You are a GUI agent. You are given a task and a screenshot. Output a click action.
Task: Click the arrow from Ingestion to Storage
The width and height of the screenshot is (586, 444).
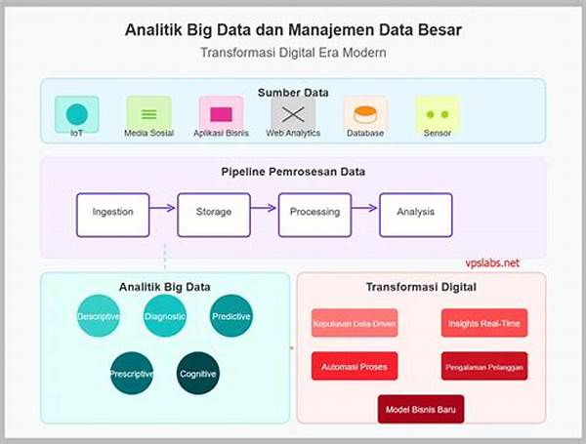tap(163, 207)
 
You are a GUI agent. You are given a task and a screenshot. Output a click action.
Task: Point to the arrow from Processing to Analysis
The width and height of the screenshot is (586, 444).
tap(365, 207)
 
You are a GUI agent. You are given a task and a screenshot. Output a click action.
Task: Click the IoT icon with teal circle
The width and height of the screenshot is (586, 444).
tap(76, 113)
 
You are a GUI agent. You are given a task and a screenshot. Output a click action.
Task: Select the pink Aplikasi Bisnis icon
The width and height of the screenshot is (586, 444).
tap(221, 113)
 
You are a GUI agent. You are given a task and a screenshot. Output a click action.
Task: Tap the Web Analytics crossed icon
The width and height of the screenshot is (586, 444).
tap(293, 114)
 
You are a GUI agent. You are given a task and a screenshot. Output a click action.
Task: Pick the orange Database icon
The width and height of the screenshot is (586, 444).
tap(365, 113)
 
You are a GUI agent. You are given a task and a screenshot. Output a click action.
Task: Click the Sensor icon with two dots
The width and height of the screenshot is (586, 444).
tap(437, 113)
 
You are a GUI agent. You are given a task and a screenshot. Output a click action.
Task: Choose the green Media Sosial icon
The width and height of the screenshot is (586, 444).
tap(148, 113)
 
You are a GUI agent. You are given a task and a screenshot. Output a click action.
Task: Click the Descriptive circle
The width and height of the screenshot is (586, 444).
tap(98, 316)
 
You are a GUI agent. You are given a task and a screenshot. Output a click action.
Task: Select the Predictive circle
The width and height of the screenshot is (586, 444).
tap(231, 316)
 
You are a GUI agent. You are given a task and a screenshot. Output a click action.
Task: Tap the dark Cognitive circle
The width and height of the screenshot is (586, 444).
tap(198, 373)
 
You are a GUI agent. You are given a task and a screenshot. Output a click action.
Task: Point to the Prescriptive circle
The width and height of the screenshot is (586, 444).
tap(131, 373)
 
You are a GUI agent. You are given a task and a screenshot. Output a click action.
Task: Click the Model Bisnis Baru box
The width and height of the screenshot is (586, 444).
tap(421, 408)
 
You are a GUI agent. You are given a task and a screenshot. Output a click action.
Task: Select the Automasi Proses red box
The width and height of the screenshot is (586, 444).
tap(355, 366)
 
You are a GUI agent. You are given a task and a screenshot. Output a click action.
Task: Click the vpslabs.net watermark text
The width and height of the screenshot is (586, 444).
tap(492, 262)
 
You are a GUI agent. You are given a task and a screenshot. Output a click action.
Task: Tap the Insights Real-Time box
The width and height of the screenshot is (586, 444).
tap(483, 323)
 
